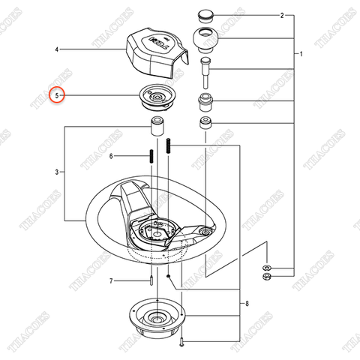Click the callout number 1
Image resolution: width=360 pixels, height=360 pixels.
(301, 55)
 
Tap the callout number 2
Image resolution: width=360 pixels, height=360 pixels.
(260, 15)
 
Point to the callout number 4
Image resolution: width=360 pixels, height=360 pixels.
(56, 49)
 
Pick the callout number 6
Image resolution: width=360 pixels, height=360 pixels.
(111, 156)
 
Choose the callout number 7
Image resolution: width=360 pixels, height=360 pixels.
(111, 282)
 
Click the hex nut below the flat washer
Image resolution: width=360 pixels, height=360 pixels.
(267, 278)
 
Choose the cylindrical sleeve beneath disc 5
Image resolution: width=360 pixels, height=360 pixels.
(159, 124)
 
